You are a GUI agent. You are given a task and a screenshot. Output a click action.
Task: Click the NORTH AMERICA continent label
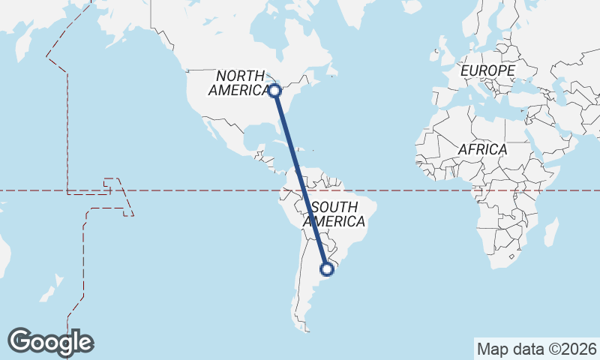(240, 82)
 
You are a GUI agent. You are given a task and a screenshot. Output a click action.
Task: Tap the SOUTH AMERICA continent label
(337, 214)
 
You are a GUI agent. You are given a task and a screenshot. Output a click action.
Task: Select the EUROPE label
(487, 70)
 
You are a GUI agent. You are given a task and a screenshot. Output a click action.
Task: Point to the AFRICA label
(482, 149)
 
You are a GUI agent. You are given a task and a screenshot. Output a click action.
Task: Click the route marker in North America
(275, 91)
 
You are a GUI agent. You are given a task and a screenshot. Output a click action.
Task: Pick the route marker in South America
(326, 268)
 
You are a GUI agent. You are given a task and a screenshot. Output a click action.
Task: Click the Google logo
(50, 342)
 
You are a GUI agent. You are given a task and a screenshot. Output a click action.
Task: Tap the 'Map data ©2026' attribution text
(536, 349)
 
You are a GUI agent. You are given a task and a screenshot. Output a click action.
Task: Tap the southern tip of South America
(304, 328)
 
